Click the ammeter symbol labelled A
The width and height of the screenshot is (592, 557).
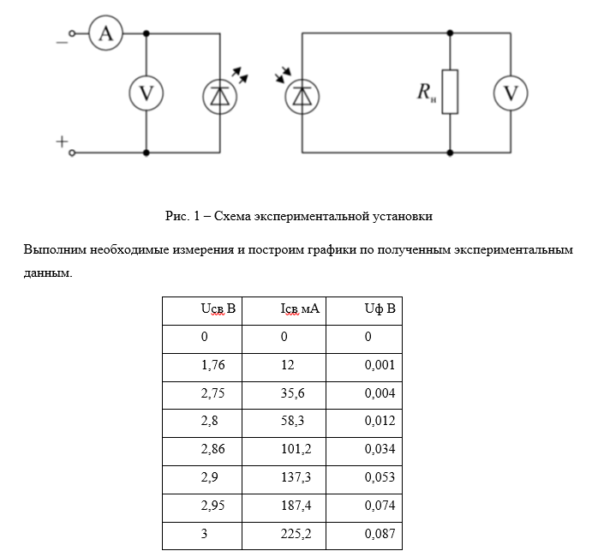tap(106, 33)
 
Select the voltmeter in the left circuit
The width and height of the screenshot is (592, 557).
tap(146, 93)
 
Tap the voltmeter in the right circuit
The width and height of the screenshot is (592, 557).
tap(511, 93)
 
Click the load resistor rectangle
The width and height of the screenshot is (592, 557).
tap(451, 91)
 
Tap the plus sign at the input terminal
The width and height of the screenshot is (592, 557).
tap(62, 142)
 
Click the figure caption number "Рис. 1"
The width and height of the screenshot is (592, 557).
tap(182, 216)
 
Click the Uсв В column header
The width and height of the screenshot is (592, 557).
tap(218, 308)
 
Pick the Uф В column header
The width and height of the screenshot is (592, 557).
tap(380, 308)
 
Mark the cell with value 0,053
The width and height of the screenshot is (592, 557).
tap(380, 478)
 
